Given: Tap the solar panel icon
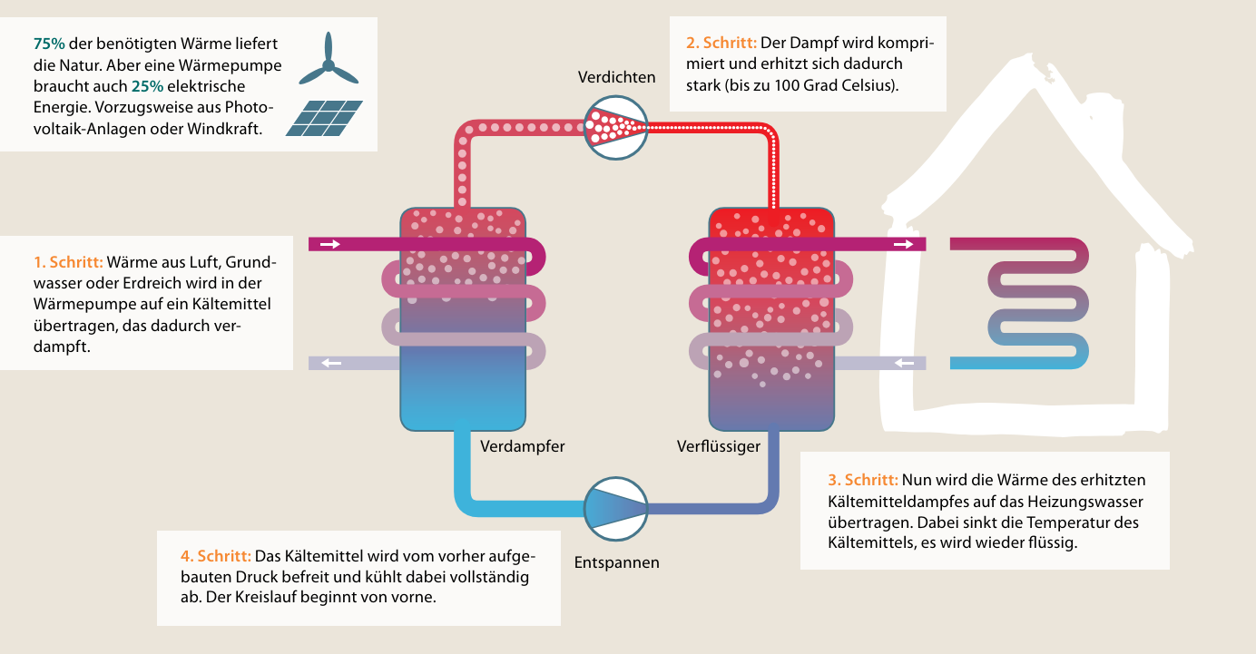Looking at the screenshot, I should point(324,118).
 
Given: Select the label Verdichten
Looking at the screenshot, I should point(616,77).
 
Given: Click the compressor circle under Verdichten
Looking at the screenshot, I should point(616,126).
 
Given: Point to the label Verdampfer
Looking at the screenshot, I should point(522,446).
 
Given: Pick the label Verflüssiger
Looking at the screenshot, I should point(718,446).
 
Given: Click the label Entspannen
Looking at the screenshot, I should point(616,562).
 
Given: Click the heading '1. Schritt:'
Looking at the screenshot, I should point(68,263).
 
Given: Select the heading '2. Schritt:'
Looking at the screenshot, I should point(721,43).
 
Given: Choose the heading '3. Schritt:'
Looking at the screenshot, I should point(862,480).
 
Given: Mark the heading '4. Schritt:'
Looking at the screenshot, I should point(216,555).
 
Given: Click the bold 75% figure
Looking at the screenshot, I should point(49,44).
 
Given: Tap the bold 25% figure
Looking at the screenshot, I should point(147,86).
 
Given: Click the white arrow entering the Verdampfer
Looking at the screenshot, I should point(330,244).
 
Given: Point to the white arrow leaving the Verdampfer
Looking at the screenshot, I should point(330,364).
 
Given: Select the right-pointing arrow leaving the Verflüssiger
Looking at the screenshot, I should point(903,244).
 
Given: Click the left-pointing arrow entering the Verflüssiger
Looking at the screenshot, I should point(903,364).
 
